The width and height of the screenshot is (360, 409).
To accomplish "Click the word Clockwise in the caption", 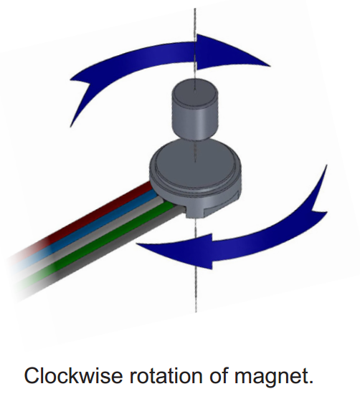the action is click(x=73, y=376).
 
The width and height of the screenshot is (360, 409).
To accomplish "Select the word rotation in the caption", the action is click(x=166, y=376).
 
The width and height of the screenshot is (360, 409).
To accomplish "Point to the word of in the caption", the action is click(x=219, y=375).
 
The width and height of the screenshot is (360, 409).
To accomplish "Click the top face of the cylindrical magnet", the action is click(x=195, y=91).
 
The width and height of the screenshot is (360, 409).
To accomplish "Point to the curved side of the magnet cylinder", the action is click(x=194, y=120).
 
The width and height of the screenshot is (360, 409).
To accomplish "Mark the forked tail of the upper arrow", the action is click(x=81, y=94).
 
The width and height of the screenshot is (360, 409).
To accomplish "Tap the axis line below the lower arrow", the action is click(x=196, y=289).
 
